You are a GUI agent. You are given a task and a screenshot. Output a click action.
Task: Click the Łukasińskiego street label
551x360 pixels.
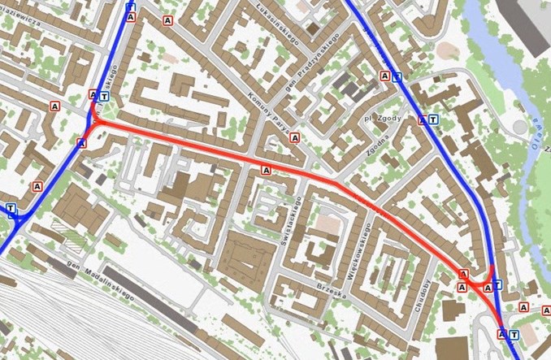click(x=279, y=20)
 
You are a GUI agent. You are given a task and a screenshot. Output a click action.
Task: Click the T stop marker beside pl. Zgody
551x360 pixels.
click(x=433, y=119)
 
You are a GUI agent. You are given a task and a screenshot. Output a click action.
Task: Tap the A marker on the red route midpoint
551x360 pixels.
click(x=266, y=170)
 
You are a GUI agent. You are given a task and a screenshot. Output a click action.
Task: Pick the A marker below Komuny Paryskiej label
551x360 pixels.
click(x=294, y=138)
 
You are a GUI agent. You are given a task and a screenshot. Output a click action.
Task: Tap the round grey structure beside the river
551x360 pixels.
click(x=518, y=127)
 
